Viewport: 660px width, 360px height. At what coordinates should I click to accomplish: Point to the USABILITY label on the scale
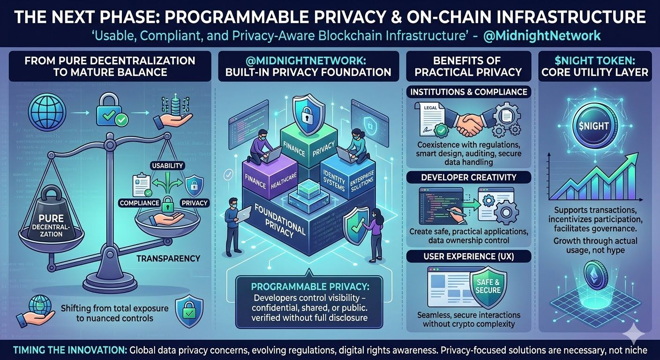pos(168,166)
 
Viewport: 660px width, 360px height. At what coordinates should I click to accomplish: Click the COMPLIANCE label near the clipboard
pos(139,203)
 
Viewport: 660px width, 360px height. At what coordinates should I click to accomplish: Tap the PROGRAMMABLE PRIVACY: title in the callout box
pos(309,286)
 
